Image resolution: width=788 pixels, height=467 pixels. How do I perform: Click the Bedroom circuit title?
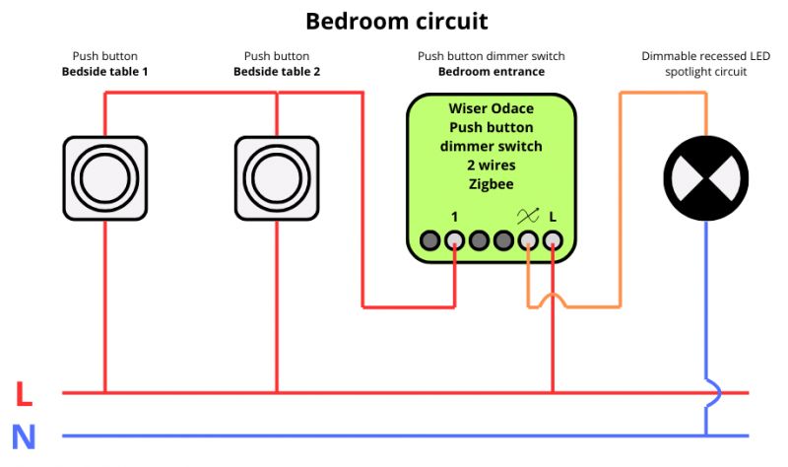[x=397, y=22]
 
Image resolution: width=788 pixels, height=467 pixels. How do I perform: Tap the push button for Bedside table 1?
[x=105, y=178]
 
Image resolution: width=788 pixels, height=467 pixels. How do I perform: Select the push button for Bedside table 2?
[x=277, y=178]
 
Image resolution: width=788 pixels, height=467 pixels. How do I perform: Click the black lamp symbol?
[x=706, y=178]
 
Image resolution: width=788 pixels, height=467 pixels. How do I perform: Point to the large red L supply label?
[x=24, y=394]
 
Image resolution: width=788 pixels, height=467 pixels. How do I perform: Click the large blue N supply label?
[x=24, y=436]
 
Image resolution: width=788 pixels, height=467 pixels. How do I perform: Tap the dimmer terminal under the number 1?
[x=454, y=240]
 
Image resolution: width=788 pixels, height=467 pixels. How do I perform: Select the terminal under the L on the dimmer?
[x=553, y=240]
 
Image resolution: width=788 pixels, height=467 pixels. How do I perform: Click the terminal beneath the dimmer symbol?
[x=528, y=240]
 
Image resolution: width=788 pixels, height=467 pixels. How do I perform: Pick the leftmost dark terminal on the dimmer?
[x=429, y=240]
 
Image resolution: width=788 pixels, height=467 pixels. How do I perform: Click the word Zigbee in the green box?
[x=491, y=184]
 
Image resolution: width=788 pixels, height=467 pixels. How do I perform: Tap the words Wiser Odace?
[x=491, y=108]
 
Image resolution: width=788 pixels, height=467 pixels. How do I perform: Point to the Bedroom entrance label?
[x=491, y=71]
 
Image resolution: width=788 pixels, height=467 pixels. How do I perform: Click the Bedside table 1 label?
[x=105, y=71]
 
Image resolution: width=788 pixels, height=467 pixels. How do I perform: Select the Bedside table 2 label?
[x=277, y=71]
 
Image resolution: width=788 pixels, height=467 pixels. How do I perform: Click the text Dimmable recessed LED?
[x=705, y=56]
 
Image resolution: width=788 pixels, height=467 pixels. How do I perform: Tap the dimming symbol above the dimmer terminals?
[x=528, y=216]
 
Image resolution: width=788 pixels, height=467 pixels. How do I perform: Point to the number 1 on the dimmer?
[x=454, y=217]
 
